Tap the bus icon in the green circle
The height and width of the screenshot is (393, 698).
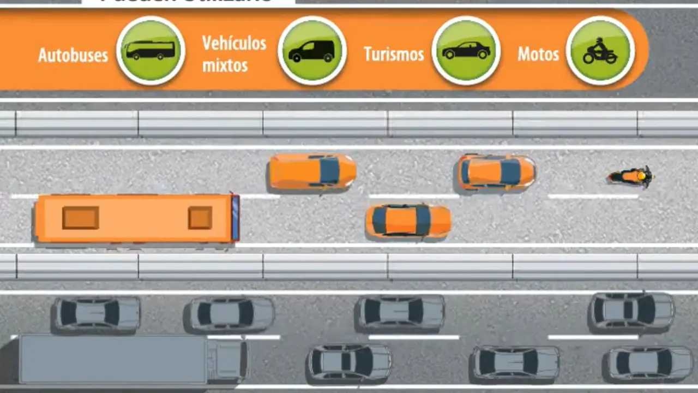(x=151, y=51)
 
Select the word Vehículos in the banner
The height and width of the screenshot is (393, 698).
(x=234, y=43)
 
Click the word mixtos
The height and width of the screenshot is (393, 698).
(x=225, y=65)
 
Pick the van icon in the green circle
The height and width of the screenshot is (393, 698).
(x=312, y=51)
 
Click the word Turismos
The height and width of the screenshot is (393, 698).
(x=394, y=54)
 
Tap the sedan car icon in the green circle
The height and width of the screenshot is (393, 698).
(x=466, y=51)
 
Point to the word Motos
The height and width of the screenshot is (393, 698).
(x=538, y=54)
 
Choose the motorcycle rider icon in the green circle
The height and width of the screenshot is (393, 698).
(x=600, y=51)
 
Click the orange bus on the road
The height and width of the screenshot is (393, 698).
(x=136, y=218)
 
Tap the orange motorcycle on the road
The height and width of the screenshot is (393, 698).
(x=630, y=176)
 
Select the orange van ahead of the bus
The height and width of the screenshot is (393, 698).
(x=311, y=171)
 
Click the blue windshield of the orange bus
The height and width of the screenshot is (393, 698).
(x=236, y=218)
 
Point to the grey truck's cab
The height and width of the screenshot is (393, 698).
(x=227, y=360)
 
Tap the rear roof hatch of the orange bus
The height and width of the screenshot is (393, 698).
(x=81, y=218)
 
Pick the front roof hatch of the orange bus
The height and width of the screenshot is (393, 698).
(x=200, y=218)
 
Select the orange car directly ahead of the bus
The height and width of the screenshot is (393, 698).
(x=408, y=221)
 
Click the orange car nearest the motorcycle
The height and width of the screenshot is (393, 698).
(x=496, y=172)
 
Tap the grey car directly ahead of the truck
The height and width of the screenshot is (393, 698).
(x=350, y=362)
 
